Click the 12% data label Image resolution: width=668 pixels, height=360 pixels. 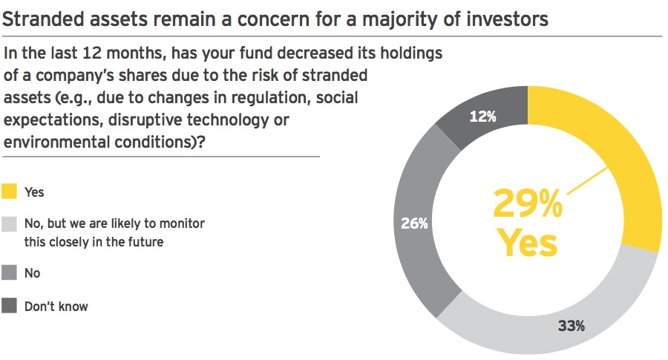coord(482,117)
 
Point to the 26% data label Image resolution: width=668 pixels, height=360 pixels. coord(414,223)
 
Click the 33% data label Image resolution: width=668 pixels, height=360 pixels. coord(572,326)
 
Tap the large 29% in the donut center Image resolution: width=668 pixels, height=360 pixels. coord(528,203)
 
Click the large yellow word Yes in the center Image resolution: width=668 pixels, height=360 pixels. coord(528,243)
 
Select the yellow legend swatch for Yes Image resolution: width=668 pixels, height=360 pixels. coord(9,192)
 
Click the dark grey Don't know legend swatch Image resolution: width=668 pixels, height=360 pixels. coord(9,306)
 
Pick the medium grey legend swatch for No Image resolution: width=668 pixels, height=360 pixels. coord(9,272)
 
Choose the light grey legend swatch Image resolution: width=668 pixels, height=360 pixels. coord(9,223)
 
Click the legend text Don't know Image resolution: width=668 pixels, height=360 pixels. coord(56,307)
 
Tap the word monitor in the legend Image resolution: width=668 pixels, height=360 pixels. coord(183,223)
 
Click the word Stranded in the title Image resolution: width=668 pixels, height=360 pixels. coord(43,19)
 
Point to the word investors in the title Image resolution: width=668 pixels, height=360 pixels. coord(507,19)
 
